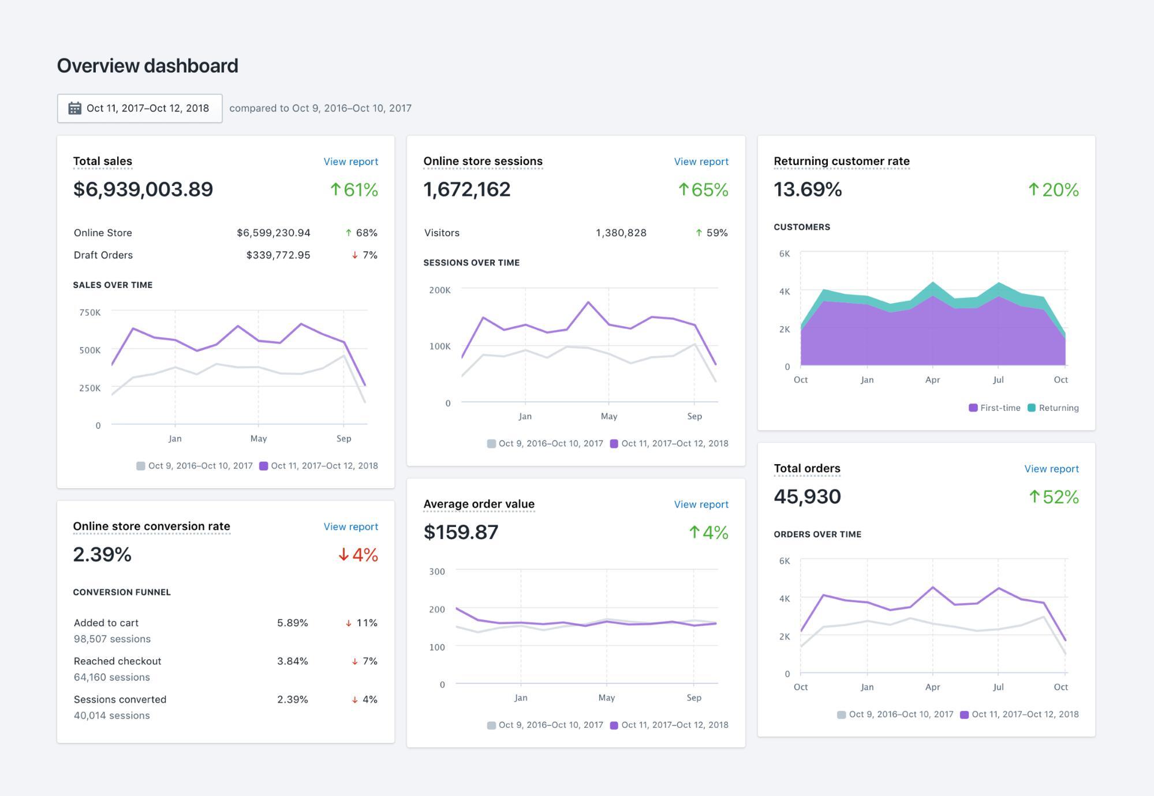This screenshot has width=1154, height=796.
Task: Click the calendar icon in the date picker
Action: point(74,108)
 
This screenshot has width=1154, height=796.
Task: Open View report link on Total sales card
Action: point(350,162)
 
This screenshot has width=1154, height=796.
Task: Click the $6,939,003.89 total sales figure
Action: point(143,189)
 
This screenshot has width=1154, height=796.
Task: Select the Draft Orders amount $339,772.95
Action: point(278,255)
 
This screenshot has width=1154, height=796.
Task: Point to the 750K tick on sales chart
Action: point(90,312)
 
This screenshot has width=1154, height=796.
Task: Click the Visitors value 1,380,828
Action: point(621,233)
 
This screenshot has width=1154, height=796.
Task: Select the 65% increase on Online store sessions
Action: point(703,189)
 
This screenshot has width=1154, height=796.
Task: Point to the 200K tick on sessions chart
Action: point(439,290)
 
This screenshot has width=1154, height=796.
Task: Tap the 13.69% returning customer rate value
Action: point(808,189)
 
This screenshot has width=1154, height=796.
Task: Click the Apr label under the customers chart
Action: point(932,380)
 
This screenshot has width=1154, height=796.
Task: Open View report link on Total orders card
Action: point(1051,469)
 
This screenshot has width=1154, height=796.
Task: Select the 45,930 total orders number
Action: point(807,496)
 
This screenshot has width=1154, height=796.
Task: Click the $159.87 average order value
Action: point(461,532)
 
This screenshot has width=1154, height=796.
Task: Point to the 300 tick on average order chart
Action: point(437,571)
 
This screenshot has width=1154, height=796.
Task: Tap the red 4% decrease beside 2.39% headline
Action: point(358,555)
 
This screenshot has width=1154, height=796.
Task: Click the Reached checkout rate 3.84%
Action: point(292,661)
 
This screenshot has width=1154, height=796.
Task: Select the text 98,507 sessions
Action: point(112,639)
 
